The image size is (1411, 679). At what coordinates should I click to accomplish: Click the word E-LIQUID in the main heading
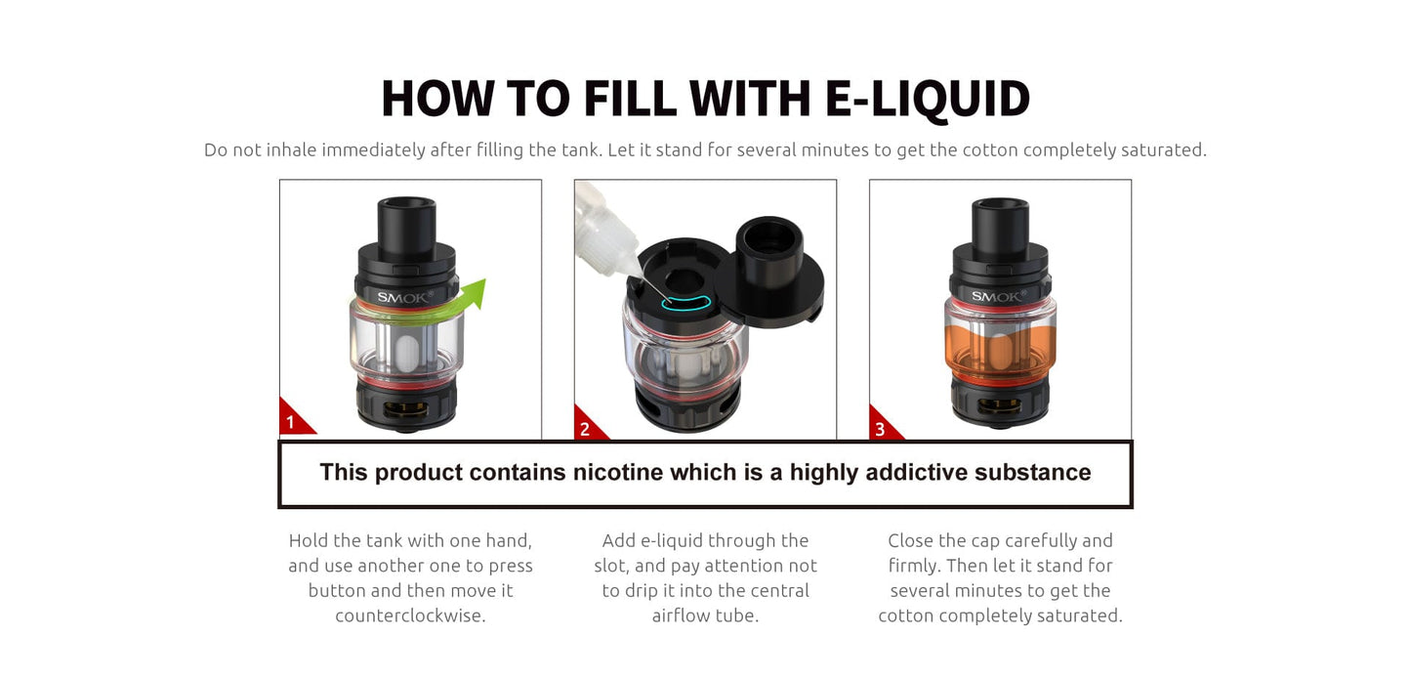pos(928,100)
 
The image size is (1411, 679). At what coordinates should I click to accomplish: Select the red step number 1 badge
pos(294,418)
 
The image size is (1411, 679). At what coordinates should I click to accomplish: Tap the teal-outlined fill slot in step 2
pos(686,303)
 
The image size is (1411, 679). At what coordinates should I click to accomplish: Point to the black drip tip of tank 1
pos(406,225)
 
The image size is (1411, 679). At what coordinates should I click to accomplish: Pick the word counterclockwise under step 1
pos(411,615)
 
